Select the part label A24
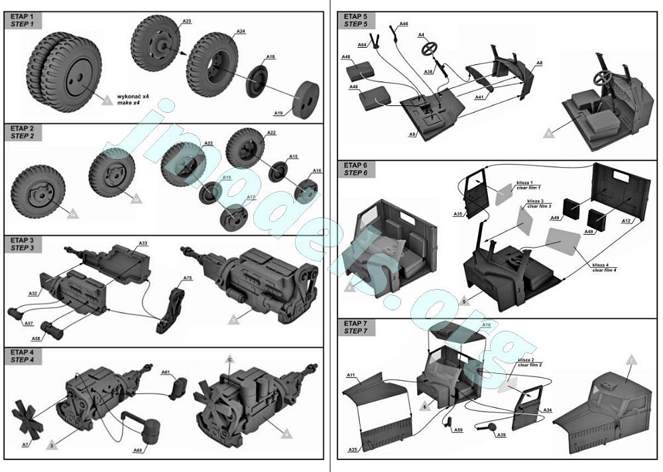pyautogui.click(x=241, y=32)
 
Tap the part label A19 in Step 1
pyautogui.click(x=278, y=113)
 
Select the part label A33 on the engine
pyautogui.click(x=143, y=243)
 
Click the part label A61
pyautogui.click(x=166, y=373)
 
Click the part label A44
pyautogui.click(x=404, y=24)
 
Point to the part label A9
pyautogui.click(x=412, y=135)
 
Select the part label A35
pyautogui.click(x=458, y=214)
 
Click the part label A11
pyautogui.click(x=351, y=376)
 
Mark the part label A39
pyautogui.click(x=501, y=435)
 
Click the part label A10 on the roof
pyautogui.click(x=486, y=325)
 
